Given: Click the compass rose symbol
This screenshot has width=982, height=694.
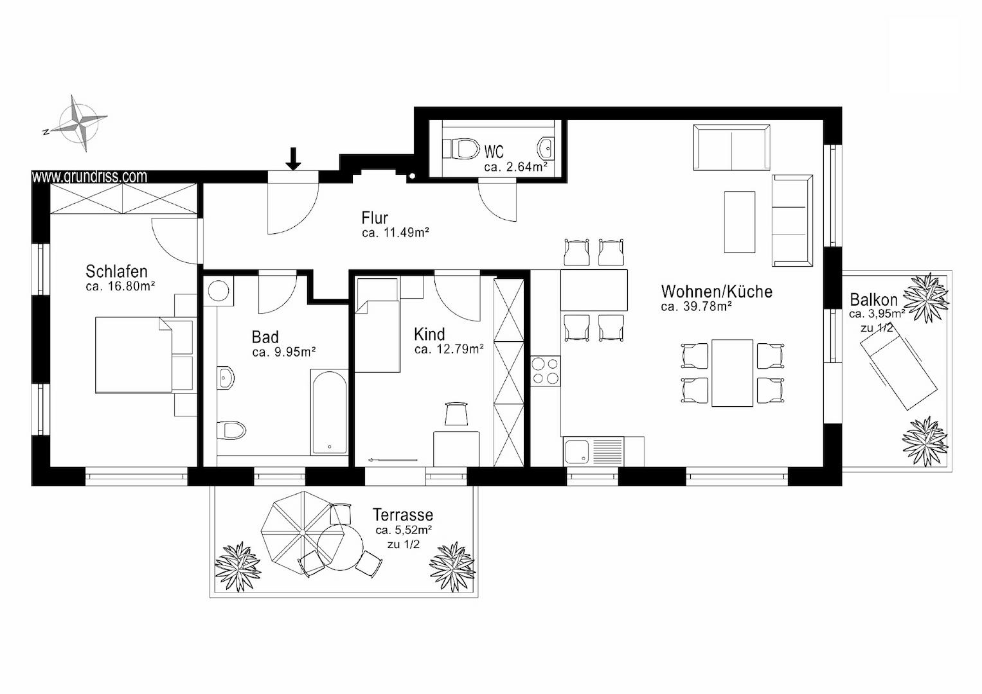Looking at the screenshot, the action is click(x=79, y=123).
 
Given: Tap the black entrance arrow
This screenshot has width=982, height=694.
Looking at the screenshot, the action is click(x=293, y=158).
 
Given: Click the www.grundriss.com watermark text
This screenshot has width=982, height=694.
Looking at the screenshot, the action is click(x=89, y=176).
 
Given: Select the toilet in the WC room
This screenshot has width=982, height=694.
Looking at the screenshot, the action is click(x=461, y=149).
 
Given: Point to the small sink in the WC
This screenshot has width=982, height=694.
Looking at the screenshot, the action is click(x=546, y=148).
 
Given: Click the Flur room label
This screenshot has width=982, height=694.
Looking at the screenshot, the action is click(x=375, y=218).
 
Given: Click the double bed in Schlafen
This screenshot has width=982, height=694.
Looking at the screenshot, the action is click(x=144, y=355).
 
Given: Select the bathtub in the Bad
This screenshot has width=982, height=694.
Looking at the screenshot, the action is click(x=329, y=412).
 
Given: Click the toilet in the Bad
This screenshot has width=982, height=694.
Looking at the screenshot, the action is click(x=231, y=430).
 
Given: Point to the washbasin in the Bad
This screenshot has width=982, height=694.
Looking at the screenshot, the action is click(x=226, y=377).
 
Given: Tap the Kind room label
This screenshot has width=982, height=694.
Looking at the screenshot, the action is click(x=429, y=335).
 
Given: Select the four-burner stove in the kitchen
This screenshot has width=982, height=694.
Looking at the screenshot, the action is click(x=546, y=371).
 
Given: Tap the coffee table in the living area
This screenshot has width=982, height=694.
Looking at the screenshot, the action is click(x=740, y=222).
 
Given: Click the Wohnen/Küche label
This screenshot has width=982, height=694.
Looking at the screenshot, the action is click(x=717, y=292).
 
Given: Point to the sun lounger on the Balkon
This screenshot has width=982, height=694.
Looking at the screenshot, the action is click(x=898, y=375).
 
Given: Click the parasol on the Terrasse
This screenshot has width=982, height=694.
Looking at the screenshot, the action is click(x=303, y=532).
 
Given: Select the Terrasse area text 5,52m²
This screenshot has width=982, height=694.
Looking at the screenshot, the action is click(x=404, y=530).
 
